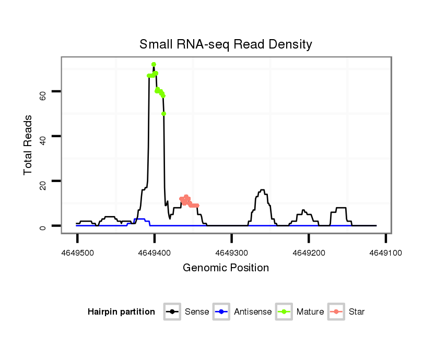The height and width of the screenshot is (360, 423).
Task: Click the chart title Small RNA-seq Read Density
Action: (x=226, y=44)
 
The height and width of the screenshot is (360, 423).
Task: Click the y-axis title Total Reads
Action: (x=29, y=145)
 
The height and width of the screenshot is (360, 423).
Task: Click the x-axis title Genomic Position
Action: (x=226, y=268)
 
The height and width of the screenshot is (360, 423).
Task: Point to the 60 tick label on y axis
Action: (x=43, y=92)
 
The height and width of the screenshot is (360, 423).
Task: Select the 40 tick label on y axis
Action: (x=43, y=136)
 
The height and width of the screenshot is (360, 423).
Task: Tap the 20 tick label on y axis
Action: (x=43, y=181)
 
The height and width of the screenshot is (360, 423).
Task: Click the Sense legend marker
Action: (x=172, y=312)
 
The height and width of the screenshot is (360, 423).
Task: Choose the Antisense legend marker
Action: (x=222, y=312)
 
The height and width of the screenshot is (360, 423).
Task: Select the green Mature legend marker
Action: (x=284, y=312)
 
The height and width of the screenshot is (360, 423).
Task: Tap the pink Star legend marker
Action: (x=336, y=312)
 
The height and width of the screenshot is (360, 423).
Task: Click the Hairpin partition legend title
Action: (x=121, y=312)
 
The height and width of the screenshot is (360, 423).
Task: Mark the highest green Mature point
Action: (x=154, y=64)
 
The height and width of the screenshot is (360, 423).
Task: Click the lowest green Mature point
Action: (x=164, y=114)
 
